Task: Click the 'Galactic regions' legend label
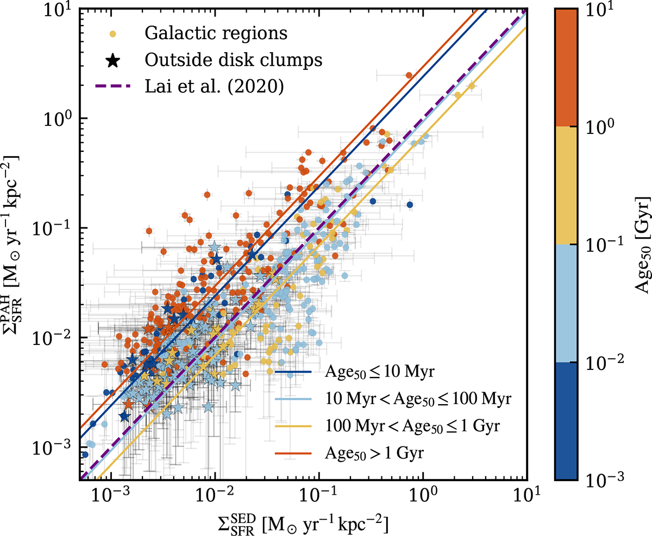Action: coord(216,33)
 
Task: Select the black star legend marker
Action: coord(112,60)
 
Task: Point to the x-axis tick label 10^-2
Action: coord(215,495)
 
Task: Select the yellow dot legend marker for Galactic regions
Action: coord(112,34)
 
